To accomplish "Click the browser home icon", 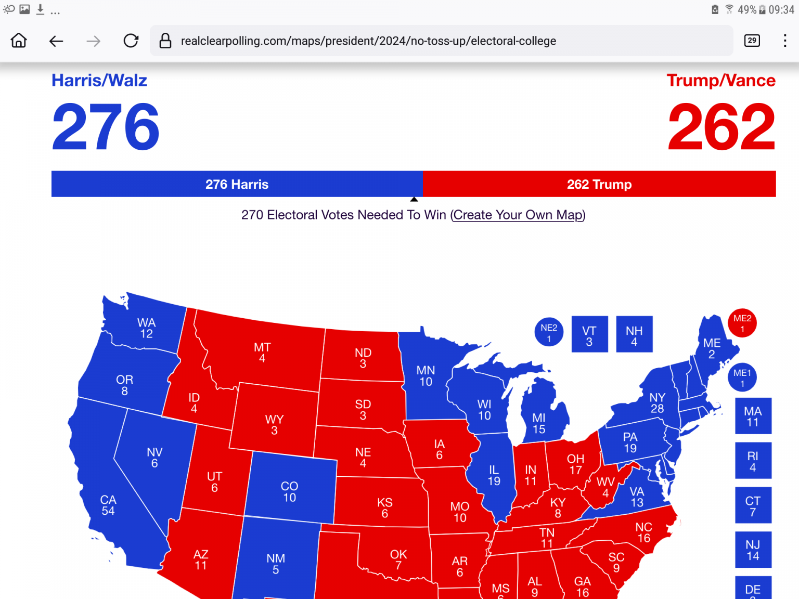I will [x=19, y=41].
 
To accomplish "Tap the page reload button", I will [x=131, y=41].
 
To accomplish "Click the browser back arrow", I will [x=56, y=41].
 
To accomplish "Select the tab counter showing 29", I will [x=752, y=41].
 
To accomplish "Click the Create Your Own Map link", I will [x=518, y=215].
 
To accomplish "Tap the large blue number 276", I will [x=106, y=126].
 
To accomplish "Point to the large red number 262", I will [x=721, y=126].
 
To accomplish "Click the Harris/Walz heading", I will [x=99, y=81].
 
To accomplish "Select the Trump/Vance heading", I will [x=721, y=81].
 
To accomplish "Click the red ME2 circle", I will [x=742, y=323].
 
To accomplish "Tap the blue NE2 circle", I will [x=549, y=332].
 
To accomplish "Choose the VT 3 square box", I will [x=589, y=334].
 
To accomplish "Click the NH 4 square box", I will [x=634, y=334].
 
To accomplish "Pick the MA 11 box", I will [x=753, y=416].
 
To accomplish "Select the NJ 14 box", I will [x=753, y=550].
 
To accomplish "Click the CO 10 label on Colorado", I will [x=290, y=491].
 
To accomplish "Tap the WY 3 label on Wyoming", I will [x=274, y=424].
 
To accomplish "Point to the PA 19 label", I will [x=630, y=442].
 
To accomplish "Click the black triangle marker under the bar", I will [x=414, y=199].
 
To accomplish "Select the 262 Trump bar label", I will [x=599, y=184].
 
